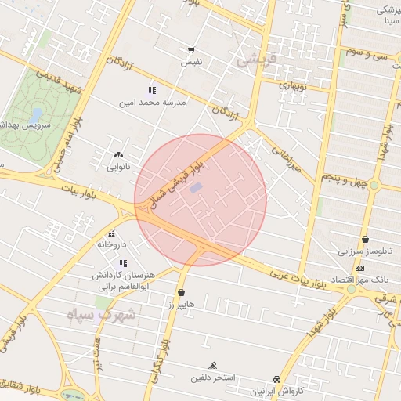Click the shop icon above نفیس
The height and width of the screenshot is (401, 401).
pos(191,50)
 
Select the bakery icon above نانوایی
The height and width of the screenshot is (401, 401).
pos(118,155)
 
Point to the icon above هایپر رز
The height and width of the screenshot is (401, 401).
pos(182,292)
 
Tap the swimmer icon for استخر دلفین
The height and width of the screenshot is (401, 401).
pos(213,365)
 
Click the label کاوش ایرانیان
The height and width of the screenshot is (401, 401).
pos(275,390)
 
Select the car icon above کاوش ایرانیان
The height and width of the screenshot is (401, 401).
pos(276,378)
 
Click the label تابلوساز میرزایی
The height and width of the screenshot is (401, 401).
pos(365,251)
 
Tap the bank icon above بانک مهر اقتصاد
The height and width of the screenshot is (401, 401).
pos(359,268)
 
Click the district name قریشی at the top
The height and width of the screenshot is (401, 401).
pos(255,59)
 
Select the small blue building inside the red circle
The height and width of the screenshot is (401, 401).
pos(196,187)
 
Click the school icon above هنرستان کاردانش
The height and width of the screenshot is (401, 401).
pos(122,264)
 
